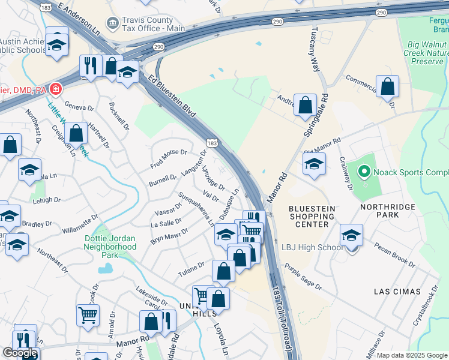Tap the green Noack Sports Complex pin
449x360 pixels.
click(x=363, y=172)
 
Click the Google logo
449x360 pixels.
click(x=20, y=353)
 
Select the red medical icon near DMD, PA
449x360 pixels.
click(x=56, y=89)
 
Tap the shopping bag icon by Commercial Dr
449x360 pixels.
click(x=388, y=87)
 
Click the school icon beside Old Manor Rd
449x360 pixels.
click(x=314, y=164)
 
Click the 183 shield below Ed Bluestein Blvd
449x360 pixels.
click(x=212, y=143)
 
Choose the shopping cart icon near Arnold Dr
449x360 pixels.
click(x=88, y=314)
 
